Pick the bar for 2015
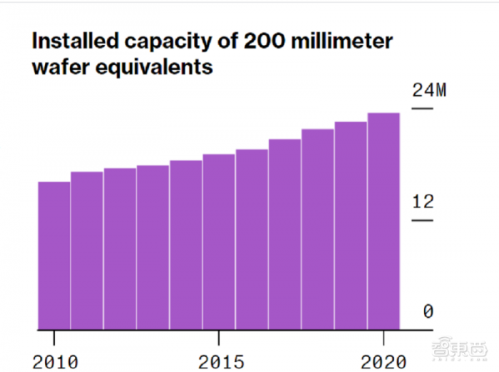pyautogui.click(x=219, y=242)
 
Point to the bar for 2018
pyautogui.click(x=317, y=229)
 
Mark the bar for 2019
pyautogui.click(x=351, y=225)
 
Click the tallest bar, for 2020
pyautogui.click(x=384, y=221)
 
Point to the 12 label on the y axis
pyautogui.click(x=423, y=202)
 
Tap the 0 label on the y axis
pyautogui.click(x=428, y=312)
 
